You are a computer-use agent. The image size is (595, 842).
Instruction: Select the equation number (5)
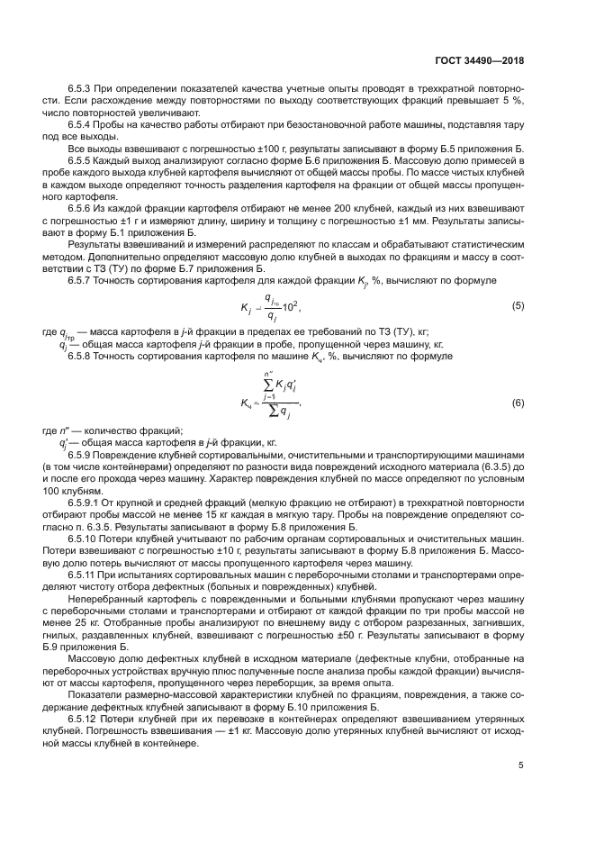[x=518, y=307]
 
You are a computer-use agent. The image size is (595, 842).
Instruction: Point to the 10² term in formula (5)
[x=290, y=307]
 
